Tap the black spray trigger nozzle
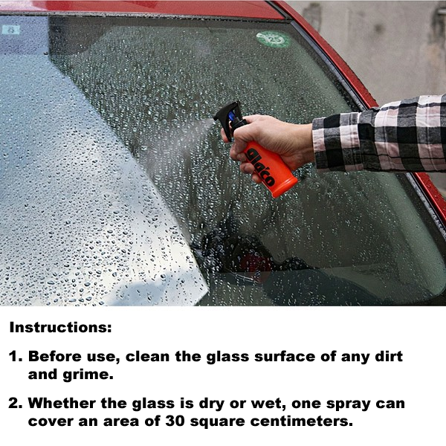pos(230,120)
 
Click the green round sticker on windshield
pos(274,39)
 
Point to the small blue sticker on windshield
pos(11,30)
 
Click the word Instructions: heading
pos(61,327)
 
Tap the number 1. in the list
pos(16,356)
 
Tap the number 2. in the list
pos(16,404)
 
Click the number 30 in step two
pos(175,421)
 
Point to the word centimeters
pos(302,421)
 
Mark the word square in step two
pos(218,422)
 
